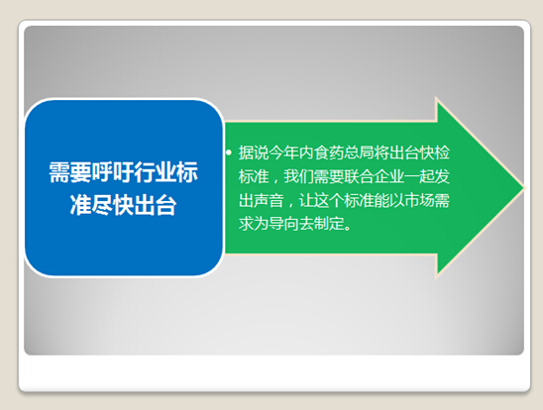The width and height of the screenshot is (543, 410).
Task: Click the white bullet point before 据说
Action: click(x=229, y=153)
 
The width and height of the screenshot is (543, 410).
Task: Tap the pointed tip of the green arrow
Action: click(x=524, y=188)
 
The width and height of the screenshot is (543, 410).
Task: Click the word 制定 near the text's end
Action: click(x=329, y=224)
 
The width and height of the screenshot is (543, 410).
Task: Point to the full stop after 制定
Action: click(x=348, y=228)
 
